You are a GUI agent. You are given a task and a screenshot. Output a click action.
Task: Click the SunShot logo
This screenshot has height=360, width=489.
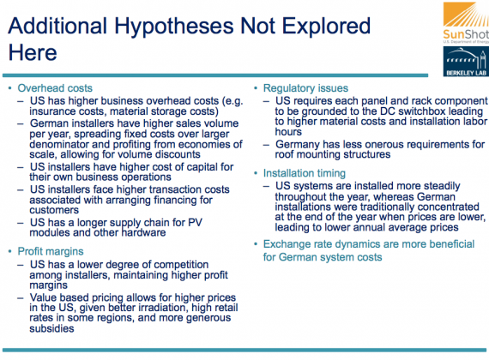click(466, 22)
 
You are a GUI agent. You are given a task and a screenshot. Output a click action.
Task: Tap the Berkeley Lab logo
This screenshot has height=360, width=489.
click(466, 62)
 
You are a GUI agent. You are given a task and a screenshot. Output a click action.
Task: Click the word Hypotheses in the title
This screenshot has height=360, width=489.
click(174, 27)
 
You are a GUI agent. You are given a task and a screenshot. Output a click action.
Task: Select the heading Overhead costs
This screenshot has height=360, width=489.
click(55, 88)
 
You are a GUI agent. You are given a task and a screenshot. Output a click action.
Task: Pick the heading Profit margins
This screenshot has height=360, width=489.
click(51, 251)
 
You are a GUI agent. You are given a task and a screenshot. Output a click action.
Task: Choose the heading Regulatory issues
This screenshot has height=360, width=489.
click(305, 88)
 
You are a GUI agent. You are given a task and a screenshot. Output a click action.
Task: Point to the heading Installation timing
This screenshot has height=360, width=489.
click(305, 173)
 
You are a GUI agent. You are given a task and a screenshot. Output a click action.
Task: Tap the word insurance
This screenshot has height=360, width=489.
click(51, 111)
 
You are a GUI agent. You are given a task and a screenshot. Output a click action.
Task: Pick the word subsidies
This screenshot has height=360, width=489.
click(51, 328)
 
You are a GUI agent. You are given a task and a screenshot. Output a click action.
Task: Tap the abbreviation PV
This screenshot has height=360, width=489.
click(196, 222)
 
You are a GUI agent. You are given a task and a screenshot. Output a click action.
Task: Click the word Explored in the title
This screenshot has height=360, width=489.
click(326, 27)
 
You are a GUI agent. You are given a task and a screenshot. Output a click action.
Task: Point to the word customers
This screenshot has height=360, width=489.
click(54, 210)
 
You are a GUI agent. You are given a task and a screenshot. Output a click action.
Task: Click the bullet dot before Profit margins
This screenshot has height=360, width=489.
click(9, 251)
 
